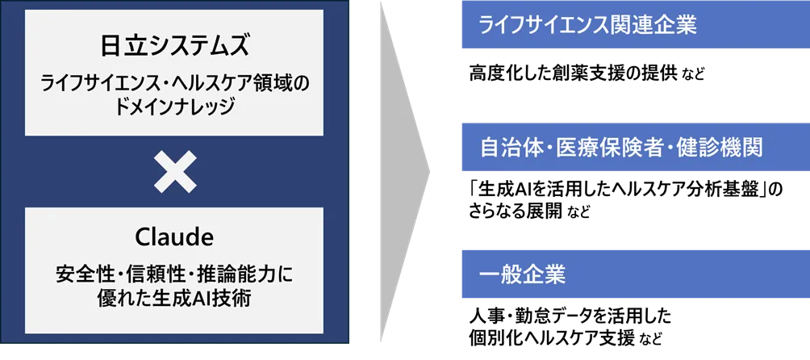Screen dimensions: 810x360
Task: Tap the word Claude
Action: [174, 237]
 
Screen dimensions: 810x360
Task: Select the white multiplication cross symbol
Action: [175, 171]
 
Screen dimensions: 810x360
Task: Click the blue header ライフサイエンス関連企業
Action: [636, 24]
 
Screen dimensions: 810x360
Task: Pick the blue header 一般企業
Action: [636, 274]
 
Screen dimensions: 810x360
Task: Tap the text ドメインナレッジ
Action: [174, 107]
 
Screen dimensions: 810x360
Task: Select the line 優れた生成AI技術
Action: [174, 298]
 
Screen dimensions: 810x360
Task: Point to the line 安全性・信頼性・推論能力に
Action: [174, 274]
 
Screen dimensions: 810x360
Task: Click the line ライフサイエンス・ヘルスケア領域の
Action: [174, 84]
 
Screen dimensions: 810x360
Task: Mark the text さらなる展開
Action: [515, 211]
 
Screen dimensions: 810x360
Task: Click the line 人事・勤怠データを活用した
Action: [570, 316]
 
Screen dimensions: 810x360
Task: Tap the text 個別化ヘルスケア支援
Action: [552, 338]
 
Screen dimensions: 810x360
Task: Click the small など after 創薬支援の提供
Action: [693, 75]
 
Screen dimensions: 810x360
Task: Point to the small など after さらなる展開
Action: [578, 213]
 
